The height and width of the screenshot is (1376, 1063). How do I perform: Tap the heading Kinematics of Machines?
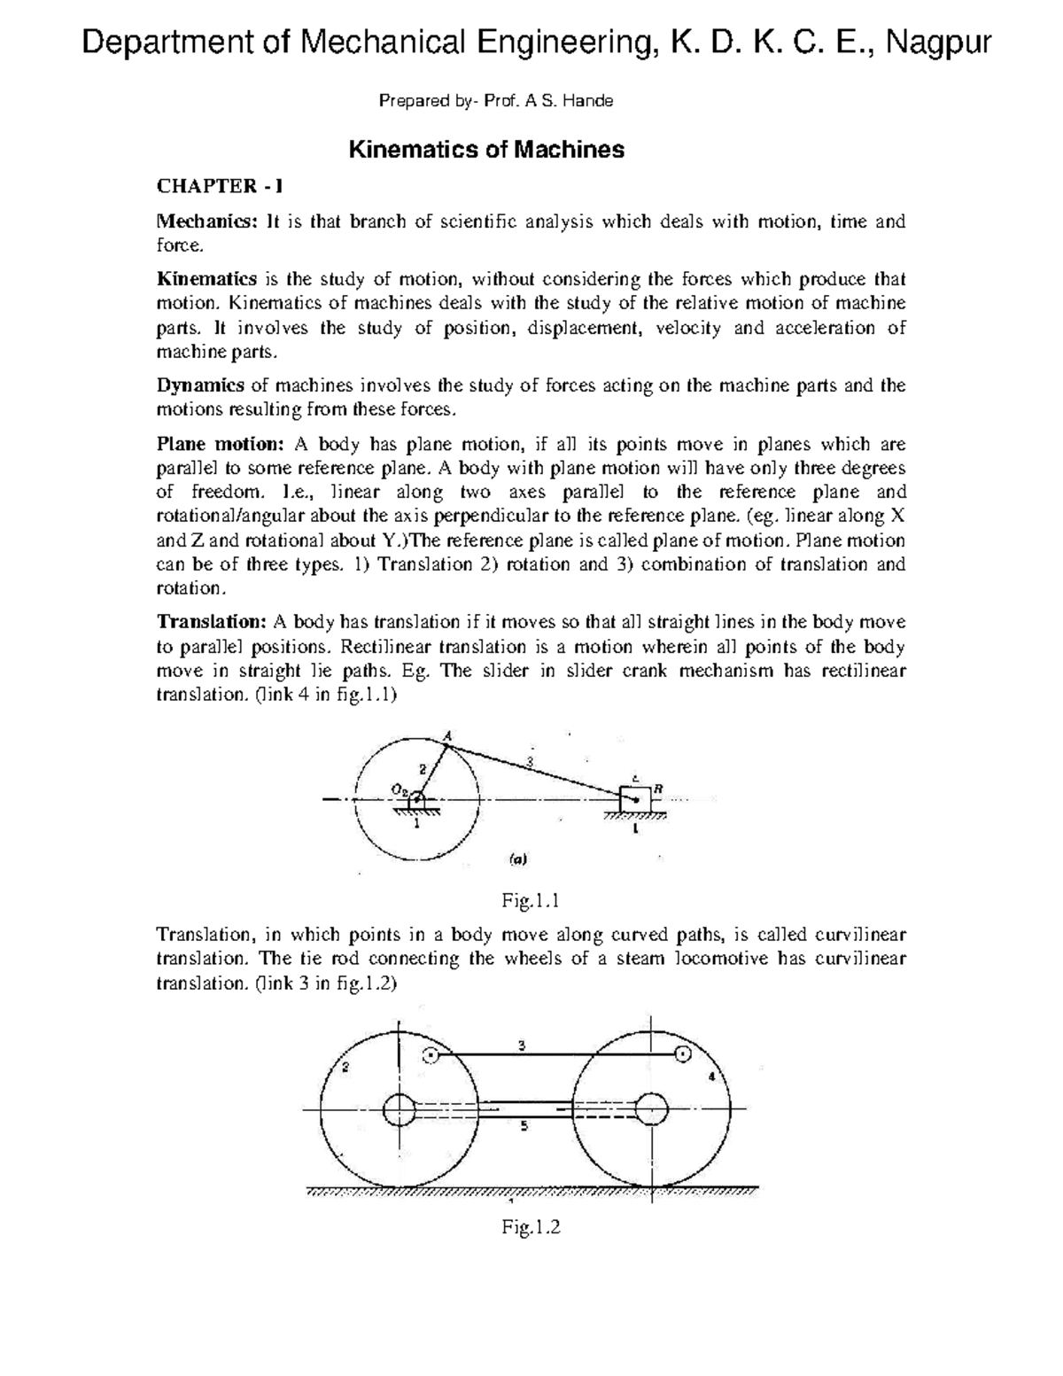486,150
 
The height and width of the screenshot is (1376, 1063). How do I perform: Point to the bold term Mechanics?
206,222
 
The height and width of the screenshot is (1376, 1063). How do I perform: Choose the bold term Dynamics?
201,385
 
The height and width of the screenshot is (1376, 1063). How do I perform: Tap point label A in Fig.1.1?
447,734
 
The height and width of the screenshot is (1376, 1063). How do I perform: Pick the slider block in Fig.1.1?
635,797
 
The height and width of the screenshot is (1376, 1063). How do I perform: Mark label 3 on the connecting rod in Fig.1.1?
530,762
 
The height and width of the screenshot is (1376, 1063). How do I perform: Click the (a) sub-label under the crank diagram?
517,859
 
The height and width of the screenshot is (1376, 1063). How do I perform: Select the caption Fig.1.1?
531,902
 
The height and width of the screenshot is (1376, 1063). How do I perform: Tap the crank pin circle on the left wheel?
431,1054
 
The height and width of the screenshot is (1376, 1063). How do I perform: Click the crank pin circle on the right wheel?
682,1054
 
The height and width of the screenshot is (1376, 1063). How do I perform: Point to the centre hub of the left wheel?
400,1109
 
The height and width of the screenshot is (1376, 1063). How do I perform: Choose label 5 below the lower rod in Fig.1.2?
524,1127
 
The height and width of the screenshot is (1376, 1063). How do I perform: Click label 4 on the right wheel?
710,1077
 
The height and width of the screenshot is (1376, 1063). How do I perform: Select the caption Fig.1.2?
531,1227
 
